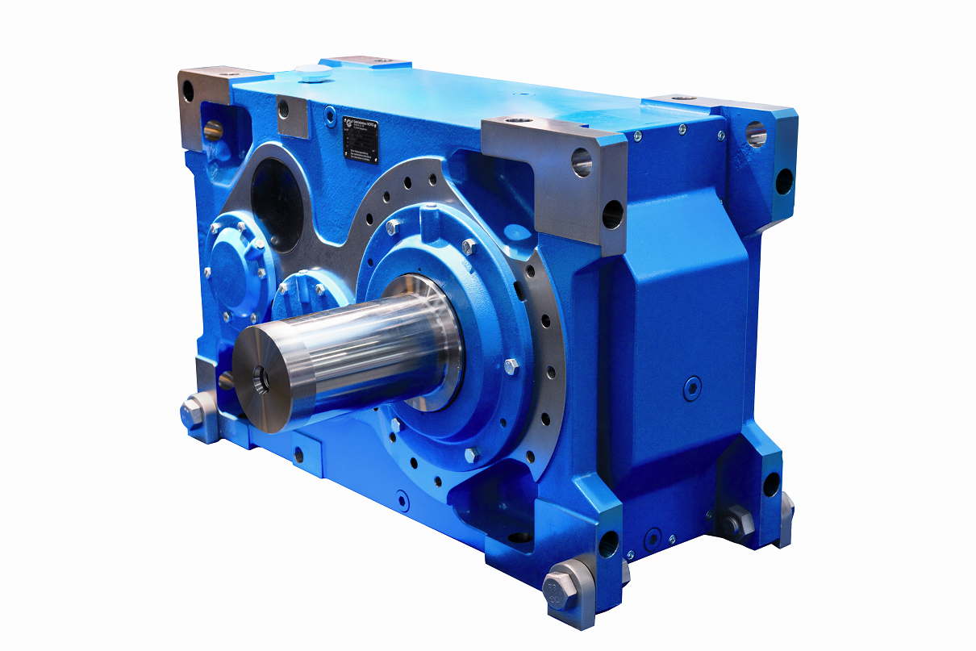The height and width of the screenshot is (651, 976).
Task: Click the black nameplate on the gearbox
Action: click(362, 135)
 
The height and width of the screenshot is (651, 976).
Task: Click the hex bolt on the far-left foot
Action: click(194, 412)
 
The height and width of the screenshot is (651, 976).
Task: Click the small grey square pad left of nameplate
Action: click(293, 117)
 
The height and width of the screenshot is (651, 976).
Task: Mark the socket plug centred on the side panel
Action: click(691, 388)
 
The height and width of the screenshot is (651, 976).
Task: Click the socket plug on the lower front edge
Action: click(401, 502)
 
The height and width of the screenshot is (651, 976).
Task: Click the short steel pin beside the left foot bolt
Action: click(227, 380)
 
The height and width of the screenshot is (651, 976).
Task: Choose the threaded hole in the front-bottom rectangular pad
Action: click(299, 453)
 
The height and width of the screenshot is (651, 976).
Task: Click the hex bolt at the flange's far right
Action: click(511, 367)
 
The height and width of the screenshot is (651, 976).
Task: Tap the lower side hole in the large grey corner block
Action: click(612, 215)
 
